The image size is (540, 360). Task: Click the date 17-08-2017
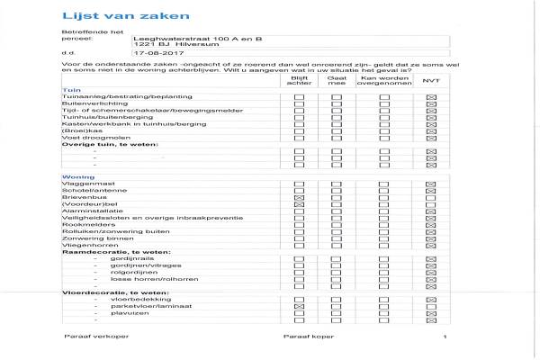151,54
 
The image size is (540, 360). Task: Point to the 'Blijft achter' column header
299,81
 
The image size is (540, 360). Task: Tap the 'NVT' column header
430,81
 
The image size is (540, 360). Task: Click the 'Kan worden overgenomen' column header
384,81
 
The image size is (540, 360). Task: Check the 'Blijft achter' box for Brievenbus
299,202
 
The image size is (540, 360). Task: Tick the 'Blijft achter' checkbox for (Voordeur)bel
299,210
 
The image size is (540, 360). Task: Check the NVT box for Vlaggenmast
430,185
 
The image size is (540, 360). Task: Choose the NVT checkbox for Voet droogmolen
430,139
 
